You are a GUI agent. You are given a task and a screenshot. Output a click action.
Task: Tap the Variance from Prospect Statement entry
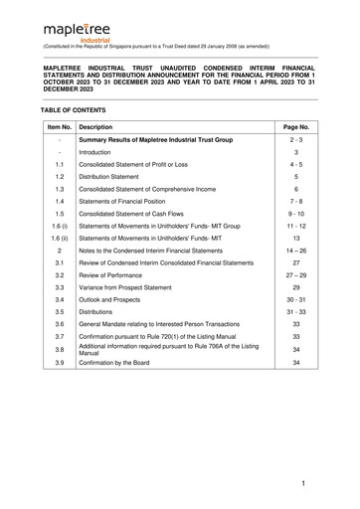(x=139, y=287)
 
